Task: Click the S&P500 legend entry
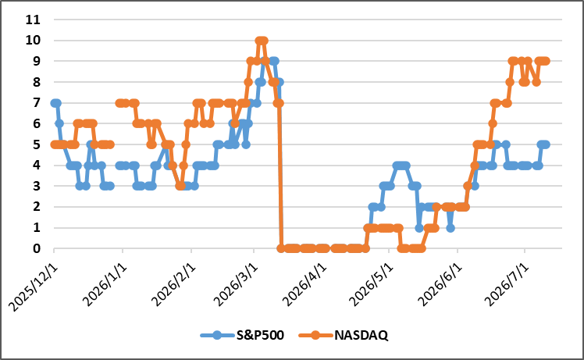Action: [242, 335]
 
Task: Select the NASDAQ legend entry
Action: [344, 335]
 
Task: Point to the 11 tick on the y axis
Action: [33, 20]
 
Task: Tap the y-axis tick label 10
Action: [33, 41]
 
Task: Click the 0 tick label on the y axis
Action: [37, 248]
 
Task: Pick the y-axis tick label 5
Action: [37, 144]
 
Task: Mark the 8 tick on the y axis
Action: [37, 82]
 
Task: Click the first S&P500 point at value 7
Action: [55, 103]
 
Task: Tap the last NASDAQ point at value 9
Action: [546, 61]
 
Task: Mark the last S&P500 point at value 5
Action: [546, 144]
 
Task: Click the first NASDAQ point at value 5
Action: [55, 144]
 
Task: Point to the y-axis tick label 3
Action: [37, 186]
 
